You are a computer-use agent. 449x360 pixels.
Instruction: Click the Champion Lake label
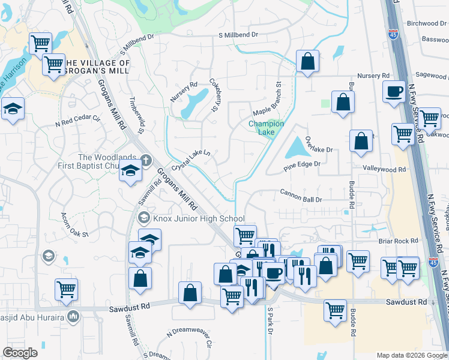(266, 127)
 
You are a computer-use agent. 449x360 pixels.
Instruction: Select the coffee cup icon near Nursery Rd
(394, 92)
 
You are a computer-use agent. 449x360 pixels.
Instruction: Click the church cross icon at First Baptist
(145, 160)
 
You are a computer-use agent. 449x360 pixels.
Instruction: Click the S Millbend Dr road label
(238, 35)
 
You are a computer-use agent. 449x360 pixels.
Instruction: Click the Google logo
(20, 353)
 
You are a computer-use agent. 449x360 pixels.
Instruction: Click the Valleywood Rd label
(384, 170)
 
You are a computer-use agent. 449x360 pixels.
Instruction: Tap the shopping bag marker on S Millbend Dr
(307, 61)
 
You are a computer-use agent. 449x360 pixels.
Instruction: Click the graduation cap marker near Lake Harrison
(13, 109)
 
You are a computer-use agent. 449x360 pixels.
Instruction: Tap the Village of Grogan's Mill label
(97, 67)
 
